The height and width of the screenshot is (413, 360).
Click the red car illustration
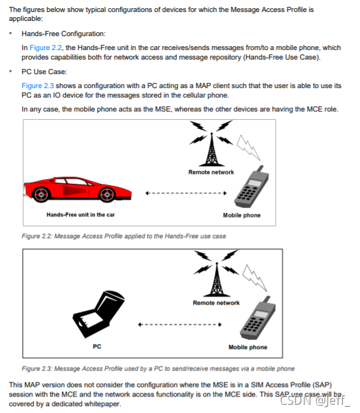[x=78, y=189]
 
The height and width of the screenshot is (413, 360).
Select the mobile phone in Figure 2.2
[x=252, y=186]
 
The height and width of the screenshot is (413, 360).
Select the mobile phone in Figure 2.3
[x=258, y=317]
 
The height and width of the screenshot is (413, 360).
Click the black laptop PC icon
[x=99, y=314]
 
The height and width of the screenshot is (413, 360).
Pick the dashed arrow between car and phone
[x=186, y=193]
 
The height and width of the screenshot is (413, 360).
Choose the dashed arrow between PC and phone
[x=180, y=324]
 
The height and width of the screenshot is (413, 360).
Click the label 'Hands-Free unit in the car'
[x=80, y=215]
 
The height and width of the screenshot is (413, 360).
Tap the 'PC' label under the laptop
[x=97, y=346]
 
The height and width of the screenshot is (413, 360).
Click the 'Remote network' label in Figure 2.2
[x=211, y=172]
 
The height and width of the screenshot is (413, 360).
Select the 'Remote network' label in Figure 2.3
[x=216, y=303]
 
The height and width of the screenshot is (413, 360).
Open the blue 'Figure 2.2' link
[x=46, y=48]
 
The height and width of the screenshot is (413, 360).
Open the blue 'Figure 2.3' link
[x=37, y=86]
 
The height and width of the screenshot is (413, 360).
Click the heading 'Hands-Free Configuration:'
[x=63, y=34]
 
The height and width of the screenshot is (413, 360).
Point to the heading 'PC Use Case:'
[x=44, y=72]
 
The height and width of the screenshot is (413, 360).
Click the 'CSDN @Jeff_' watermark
[x=315, y=400]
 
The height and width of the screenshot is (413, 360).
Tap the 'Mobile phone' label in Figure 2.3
[x=248, y=347]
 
